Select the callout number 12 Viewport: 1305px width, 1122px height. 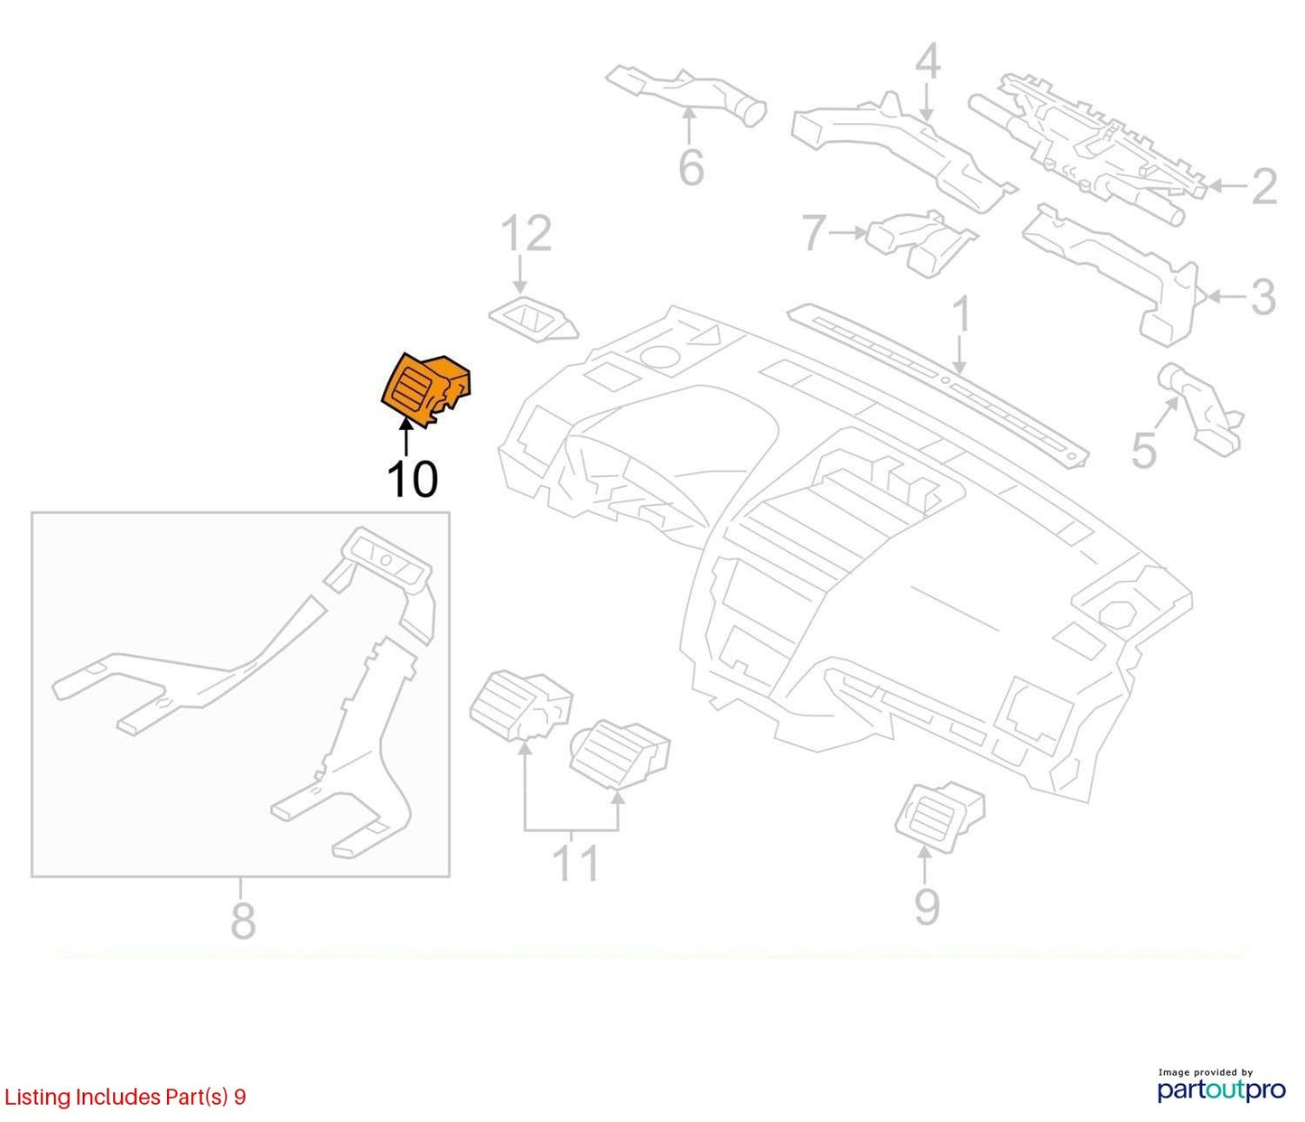[x=527, y=234]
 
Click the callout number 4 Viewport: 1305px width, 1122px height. [x=927, y=64]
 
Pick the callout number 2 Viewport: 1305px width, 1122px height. [x=1264, y=187]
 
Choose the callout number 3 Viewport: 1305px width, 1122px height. [x=1263, y=297]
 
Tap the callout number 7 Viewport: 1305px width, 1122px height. [x=814, y=232]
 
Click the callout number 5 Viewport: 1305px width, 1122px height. [x=1144, y=451]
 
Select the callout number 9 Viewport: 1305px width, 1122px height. [x=927, y=907]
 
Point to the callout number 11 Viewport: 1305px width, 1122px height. [x=575, y=863]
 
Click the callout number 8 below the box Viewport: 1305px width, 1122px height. [x=243, y=921]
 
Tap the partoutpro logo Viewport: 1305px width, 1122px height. [x=1221, y=1089]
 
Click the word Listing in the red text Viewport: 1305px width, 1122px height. [x=38, y=1098]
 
